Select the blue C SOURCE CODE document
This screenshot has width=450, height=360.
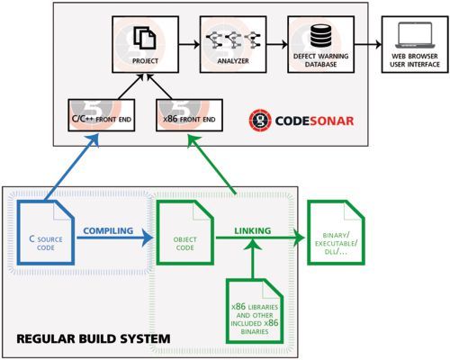[x=49, y=229]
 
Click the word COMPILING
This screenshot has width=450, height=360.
[x=108, y=230]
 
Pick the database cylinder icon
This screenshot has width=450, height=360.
[x=319, y=37]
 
